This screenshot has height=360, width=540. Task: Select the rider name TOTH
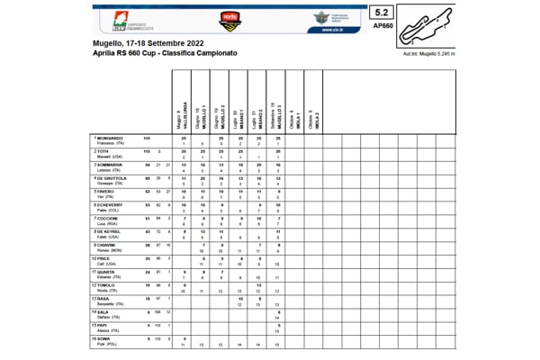tap(103, 151)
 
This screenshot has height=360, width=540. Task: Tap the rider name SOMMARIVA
tap(111, 166)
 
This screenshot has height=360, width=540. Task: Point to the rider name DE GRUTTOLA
tap(112, 178)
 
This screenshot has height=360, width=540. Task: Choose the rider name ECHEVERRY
tap(111, 205)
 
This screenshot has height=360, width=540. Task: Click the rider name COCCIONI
tap(109, 219)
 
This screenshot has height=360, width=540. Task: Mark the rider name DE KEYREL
tap(109, 231)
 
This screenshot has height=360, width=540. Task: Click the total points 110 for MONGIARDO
tap(147, 138)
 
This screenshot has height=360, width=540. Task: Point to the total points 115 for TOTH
tap(147, 151)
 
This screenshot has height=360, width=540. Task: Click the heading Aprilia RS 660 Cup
tap(165, 55)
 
